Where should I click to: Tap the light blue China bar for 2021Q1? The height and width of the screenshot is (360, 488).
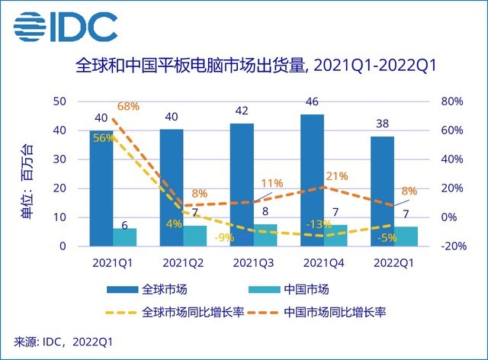(124, 237)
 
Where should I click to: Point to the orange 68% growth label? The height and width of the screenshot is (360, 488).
(127, 106)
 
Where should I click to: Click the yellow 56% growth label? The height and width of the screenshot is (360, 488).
(104, 137)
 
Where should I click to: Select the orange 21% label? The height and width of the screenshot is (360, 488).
(335, 177)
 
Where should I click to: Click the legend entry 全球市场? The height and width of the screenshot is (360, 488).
(163, 290)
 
